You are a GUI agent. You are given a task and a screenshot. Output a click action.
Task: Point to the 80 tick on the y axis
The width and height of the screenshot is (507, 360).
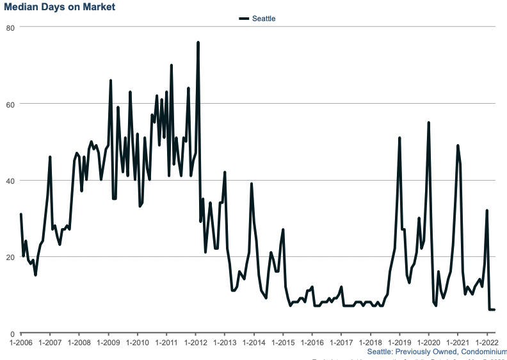11,28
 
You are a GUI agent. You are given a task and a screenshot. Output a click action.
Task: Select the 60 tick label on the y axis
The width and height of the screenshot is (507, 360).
11,104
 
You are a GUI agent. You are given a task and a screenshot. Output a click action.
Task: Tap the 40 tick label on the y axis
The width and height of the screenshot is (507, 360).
11,181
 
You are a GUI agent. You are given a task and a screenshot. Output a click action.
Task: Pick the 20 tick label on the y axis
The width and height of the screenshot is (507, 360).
11,257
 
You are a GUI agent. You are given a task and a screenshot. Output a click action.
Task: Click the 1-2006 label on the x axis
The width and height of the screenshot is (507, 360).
21,343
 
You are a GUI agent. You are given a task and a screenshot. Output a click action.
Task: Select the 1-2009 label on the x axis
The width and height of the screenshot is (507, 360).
108,343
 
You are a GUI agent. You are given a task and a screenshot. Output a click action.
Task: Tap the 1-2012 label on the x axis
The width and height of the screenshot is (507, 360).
195,343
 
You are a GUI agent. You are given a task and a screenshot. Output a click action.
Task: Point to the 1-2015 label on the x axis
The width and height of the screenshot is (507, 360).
283,343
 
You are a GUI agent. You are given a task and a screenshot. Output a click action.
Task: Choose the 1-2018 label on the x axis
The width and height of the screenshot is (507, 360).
370,343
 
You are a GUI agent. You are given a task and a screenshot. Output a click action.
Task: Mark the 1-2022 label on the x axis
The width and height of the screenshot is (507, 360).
487,343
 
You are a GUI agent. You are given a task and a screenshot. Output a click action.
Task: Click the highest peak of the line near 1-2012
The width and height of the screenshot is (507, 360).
198,43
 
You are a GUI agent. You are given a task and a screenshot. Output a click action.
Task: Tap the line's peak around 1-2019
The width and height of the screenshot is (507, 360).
399,138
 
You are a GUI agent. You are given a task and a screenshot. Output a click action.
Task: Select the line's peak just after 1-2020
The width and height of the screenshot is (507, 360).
428,122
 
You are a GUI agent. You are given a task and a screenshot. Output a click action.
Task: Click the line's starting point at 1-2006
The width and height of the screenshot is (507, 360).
21,215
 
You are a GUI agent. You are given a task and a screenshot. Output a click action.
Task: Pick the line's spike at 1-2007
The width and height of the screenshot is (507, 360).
50,157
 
